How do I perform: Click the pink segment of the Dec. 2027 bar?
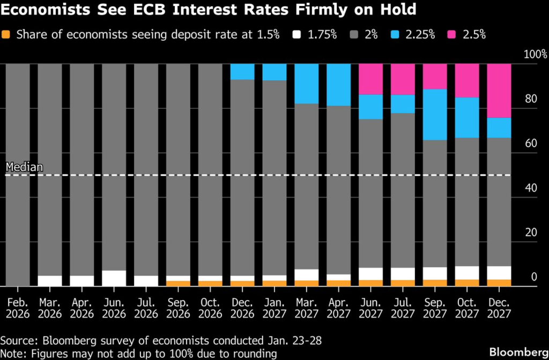coord(499,91)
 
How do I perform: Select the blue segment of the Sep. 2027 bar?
coord(435,115)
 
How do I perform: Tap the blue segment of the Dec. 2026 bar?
coord(242,72)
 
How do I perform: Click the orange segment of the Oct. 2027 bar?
coord(467,283)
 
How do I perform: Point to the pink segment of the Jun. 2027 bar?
coord(370,79)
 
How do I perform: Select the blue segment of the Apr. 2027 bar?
coord(338,85)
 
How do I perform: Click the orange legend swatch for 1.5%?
coord(7,35)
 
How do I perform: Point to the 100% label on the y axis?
coord(536,55)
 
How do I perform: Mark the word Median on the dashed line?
coord(24,167)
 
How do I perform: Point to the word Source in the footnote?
coord(17,341)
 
